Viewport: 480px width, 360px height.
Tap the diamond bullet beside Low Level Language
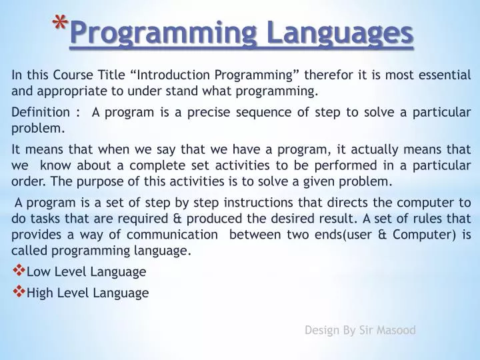click(x=18, y=271)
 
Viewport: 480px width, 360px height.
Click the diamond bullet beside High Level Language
click(x=18, y=291)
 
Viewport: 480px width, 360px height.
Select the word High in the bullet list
click(x=39, y=293)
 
